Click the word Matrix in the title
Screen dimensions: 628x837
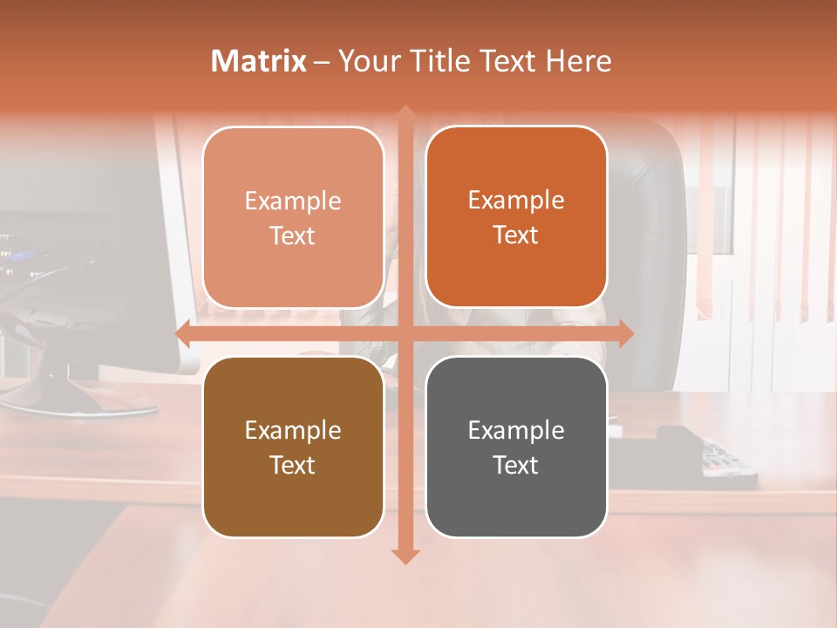point(259,61)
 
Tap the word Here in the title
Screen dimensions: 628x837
point(578,61)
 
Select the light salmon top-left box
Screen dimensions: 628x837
point(293,217)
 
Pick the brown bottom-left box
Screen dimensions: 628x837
point(293,447)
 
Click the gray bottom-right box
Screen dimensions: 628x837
point(516,447)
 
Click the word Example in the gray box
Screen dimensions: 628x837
point(516,430)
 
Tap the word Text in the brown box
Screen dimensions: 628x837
point(292,465)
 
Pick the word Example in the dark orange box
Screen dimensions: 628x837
point(516,200)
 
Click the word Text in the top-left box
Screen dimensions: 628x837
point(292,235)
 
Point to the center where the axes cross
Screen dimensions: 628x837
point(405,333)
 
